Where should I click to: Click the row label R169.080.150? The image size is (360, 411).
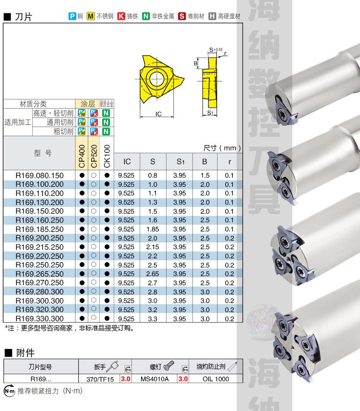pos(39,175)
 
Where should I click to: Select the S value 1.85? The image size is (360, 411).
pos(153,229)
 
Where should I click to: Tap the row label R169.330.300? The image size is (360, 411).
pos(39,318)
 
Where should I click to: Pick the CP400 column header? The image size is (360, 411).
pos(82,156)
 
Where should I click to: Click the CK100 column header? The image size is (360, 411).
pos(107,156)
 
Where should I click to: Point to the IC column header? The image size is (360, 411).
pos(127,161)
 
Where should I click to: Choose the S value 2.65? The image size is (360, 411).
pos(153,274)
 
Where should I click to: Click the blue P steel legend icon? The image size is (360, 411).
pos(72,16)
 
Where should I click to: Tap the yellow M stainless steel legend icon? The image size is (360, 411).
pos(91,16)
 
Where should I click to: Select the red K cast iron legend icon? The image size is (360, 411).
pos(121,16)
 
